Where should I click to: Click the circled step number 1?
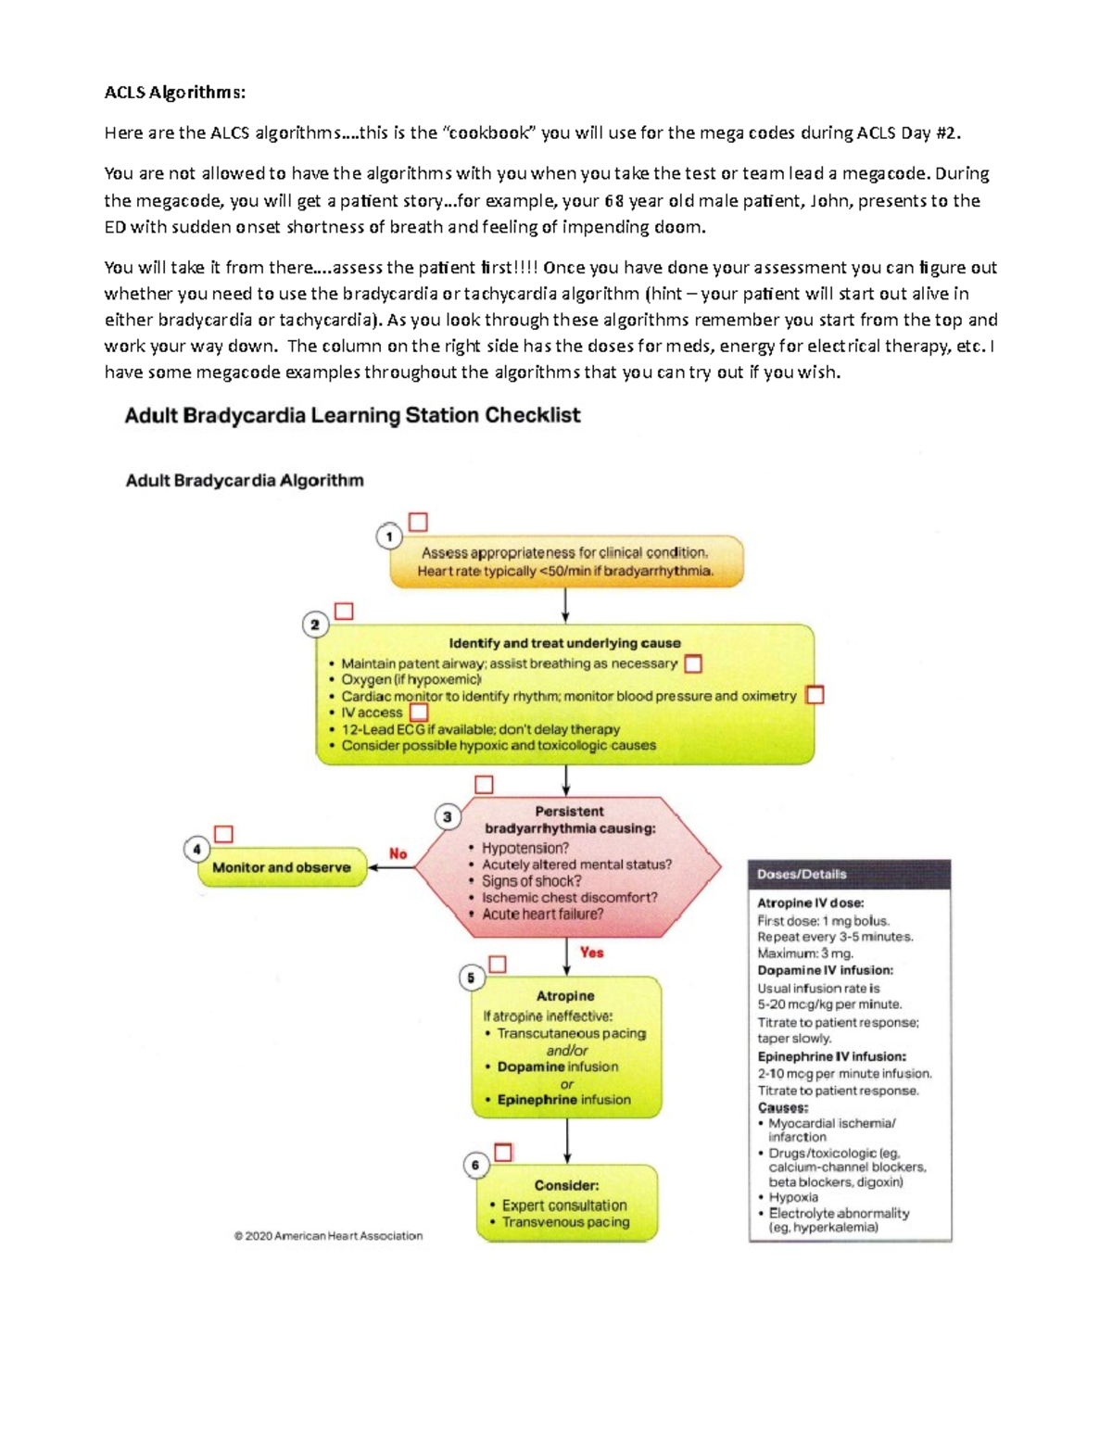(x=389, y=536)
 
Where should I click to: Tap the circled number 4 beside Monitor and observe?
(x=196, y=849)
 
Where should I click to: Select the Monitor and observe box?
(x=282, y=867)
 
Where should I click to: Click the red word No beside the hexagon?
(x=398, y=853)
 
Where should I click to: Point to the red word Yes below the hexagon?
(x=591, y=953)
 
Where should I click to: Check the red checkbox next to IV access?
(x=419, y=712)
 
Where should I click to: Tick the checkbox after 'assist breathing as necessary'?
(x=693, y=663)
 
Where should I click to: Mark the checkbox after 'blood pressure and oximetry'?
(x=815, y=695)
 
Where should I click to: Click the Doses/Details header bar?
(x=849, y=874)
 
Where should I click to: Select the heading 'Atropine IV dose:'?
(x=810, y=903)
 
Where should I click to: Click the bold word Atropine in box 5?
(x=565, y=996)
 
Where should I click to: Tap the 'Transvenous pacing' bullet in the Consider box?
(x=565, y=1222)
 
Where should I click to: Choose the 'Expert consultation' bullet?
(x=563, y=1205)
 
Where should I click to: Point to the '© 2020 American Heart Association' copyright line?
(x=328, y=1235)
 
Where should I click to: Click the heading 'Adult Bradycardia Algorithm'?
(x=245, y=480)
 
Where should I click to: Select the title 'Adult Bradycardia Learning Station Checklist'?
(x=352, y=415)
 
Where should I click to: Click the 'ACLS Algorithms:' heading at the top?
(x=175, y=92)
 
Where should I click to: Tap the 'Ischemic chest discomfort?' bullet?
(x=569, y=897)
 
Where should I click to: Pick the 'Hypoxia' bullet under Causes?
(x=792, y=1197)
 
